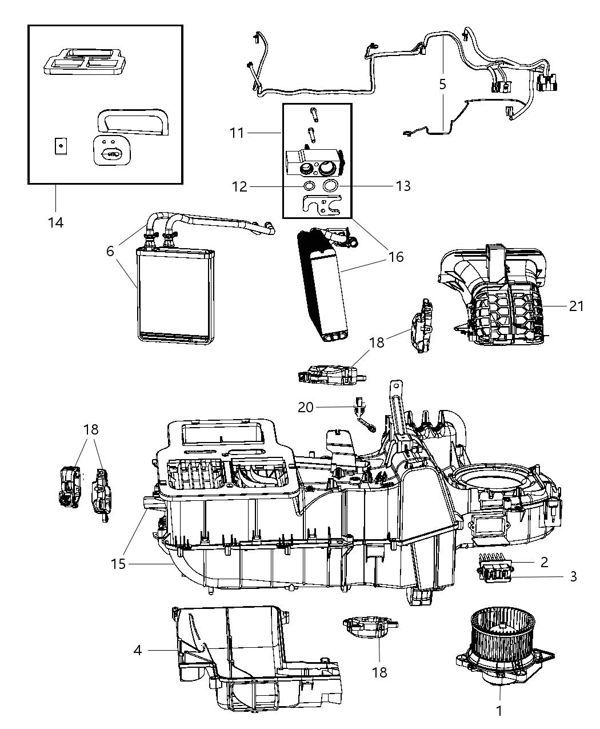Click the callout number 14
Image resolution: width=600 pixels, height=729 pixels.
point(55,222)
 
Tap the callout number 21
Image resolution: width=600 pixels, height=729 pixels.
point(576,306)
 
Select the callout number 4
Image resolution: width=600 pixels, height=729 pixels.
point(138,650)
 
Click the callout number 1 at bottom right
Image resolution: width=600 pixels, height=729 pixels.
point(499,711)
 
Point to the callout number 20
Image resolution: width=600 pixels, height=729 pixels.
point(306,407)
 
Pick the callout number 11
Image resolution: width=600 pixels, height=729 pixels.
point(237,133)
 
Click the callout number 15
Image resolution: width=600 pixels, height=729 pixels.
point(118,564)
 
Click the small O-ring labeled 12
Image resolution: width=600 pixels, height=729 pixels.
point(309,186)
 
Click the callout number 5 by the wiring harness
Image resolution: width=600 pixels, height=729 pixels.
point(442,85)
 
